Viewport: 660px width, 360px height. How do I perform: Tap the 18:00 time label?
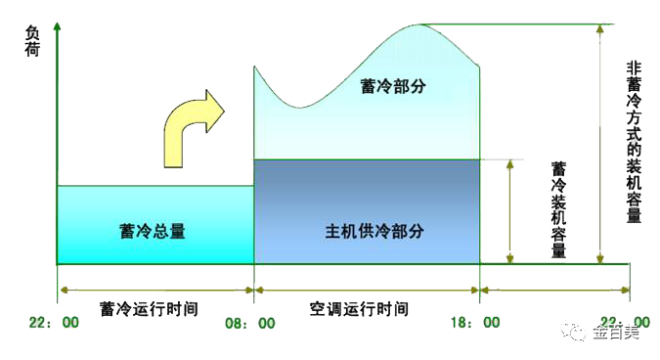coord(478,322)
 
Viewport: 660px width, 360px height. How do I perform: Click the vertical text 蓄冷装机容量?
coord(559,209)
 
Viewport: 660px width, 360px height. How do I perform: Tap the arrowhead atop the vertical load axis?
coord(59,22)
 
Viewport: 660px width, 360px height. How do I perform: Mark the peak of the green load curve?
coord(419,24)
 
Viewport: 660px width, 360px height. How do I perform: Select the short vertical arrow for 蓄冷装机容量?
coord(510,211)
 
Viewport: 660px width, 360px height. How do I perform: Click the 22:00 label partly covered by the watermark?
coord(626,322)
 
